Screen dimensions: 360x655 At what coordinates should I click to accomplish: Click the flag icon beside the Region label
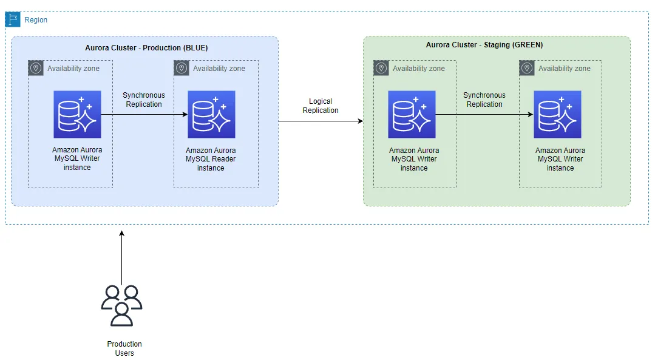click(13, 19)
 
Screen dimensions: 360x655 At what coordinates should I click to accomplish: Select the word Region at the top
click(36, 20)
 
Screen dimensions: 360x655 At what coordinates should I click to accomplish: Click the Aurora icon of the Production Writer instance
click(77, 114)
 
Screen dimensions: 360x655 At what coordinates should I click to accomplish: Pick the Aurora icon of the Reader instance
click(211, 114)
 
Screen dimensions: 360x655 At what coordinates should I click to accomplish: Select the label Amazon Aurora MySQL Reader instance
click(211, 159)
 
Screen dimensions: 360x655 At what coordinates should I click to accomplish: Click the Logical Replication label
click(321, 106)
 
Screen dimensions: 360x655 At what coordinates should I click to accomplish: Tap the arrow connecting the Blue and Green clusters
click(321, 121)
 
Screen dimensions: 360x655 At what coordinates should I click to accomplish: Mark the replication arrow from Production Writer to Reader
click(144, 114)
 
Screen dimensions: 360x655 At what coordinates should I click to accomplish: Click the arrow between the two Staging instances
click(484, 114)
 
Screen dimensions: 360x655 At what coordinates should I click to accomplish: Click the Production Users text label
click(124, 348)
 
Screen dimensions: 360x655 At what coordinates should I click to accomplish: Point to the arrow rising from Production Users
click(121, 258)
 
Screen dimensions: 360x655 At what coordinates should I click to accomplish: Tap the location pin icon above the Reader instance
click(181, 68)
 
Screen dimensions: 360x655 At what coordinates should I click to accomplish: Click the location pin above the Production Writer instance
click(36, 68)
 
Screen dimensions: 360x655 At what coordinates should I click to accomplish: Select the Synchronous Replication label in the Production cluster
click(144, 100)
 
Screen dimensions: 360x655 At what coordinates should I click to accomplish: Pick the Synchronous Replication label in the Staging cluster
click(484, 100)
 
